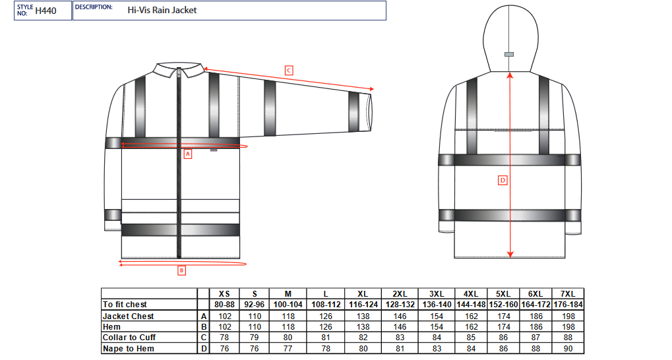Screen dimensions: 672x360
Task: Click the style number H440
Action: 46,11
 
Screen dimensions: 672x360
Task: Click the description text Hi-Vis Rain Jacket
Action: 162,11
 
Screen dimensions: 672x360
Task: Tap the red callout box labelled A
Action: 188,154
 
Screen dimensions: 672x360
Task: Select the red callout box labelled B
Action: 182,270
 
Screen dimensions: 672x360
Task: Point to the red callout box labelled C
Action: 289,71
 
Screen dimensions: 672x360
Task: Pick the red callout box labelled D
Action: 503,181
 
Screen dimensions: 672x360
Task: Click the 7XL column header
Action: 568,294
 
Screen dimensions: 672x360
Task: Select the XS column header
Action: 224,294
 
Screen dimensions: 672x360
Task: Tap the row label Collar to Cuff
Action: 129,338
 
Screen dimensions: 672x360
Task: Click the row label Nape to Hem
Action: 128,349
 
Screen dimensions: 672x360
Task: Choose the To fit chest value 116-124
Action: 363,305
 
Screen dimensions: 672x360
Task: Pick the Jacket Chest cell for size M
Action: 288,316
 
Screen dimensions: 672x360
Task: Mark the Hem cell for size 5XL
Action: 504,327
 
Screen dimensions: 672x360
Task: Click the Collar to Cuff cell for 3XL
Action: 437,338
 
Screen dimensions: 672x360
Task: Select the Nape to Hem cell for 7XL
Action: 568,349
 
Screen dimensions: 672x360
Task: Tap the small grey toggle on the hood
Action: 509,55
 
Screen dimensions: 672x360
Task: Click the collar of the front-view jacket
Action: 179,70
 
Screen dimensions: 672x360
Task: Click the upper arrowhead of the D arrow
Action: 510,75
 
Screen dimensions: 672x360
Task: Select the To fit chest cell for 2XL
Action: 400,305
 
